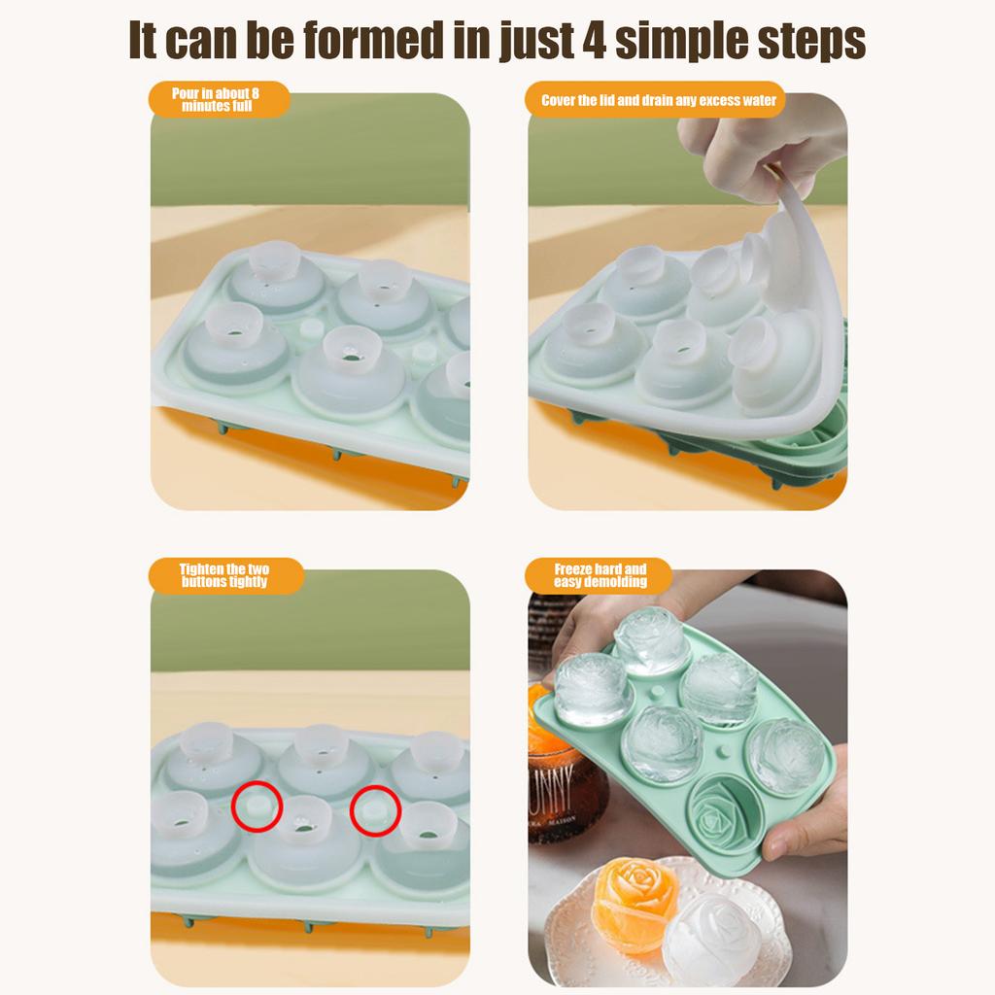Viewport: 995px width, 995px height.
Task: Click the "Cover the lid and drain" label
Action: pos(659,100)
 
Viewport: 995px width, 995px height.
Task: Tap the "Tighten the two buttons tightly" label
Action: pos(224,575)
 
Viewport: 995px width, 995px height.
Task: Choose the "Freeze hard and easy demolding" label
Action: pos(600,575)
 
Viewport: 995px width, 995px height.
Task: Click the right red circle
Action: pos(376,808)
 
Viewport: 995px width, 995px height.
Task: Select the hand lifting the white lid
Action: pos(748,146)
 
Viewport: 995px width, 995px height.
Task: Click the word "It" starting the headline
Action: pos(144,41)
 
